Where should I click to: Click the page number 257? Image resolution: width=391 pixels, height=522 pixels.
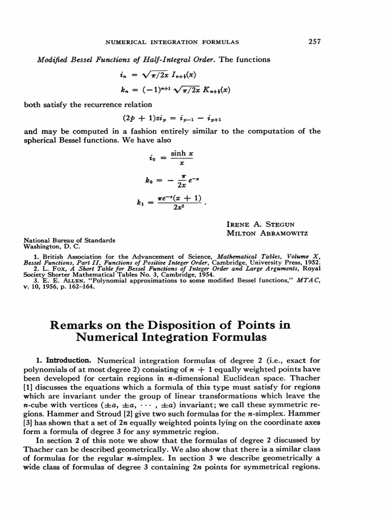(315, 42)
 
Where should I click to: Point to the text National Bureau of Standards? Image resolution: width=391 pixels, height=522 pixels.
(70, 240)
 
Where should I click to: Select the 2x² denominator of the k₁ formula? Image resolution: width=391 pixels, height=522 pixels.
(178, 207)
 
